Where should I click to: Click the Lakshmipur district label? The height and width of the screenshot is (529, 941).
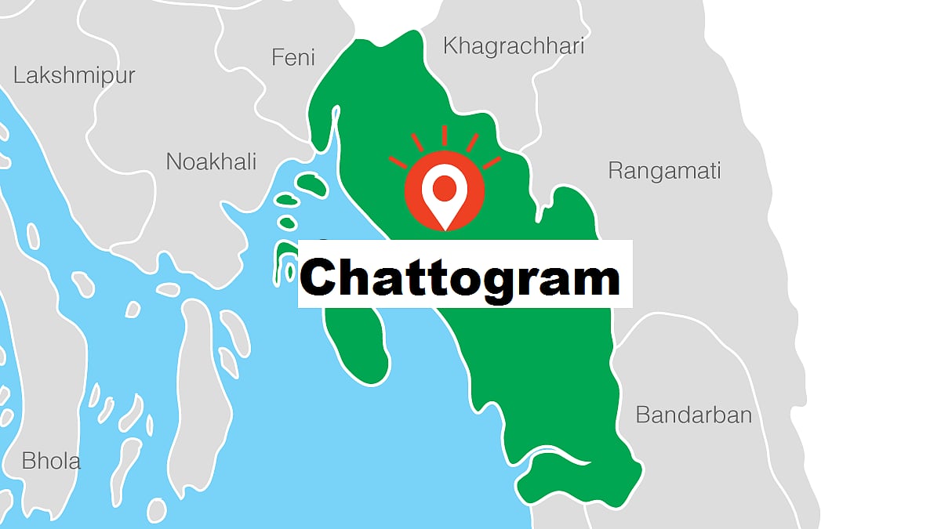[x=74, y=76]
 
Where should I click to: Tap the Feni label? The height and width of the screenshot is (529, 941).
[x=292, y=57]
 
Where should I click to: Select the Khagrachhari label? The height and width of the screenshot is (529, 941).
[x=514, y=46]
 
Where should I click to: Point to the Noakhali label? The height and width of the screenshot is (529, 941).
[x=211, y=162]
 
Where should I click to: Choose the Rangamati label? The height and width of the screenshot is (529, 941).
[x=664, y=171]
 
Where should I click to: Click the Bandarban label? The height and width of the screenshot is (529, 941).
[x=693, y=415]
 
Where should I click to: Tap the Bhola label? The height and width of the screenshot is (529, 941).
[x=51, y=461]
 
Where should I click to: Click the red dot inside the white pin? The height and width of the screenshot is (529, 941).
[x=445, y=187]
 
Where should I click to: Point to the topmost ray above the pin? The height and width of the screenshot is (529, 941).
[x=445, y=135]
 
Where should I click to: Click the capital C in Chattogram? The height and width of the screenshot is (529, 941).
[x=322, y=277]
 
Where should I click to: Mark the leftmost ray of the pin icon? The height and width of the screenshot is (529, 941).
[x=398, y=163]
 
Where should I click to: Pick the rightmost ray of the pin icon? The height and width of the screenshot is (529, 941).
[x=492, y=163]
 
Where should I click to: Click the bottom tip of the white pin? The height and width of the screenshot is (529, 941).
[x=445, y=229]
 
